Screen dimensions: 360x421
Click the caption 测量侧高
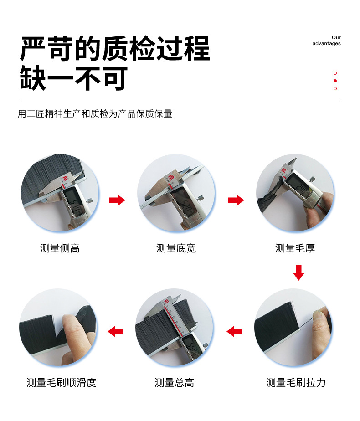pos(60,248)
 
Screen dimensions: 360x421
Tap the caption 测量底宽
pos(176,248)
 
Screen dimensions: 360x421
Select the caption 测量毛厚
pos(295,248)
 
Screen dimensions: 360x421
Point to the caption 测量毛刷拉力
pos(296,383)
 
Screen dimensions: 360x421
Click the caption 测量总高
pos(174,383)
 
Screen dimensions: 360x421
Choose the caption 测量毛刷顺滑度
pos(61,383)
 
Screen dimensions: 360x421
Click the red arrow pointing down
pos(298,272)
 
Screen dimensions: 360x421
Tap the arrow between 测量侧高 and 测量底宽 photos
pos(117,200)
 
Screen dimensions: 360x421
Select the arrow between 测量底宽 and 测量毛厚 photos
pos(236,200)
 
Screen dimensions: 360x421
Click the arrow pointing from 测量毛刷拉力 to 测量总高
pos(235,332)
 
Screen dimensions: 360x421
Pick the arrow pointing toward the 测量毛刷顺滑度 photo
pos(116,332)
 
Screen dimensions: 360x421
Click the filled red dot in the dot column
pos(335,81)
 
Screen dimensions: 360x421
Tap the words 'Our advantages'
pos(326,41)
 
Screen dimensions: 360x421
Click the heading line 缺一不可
pos(74,78)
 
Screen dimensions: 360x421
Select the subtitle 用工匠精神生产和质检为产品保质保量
pos(95,114)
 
